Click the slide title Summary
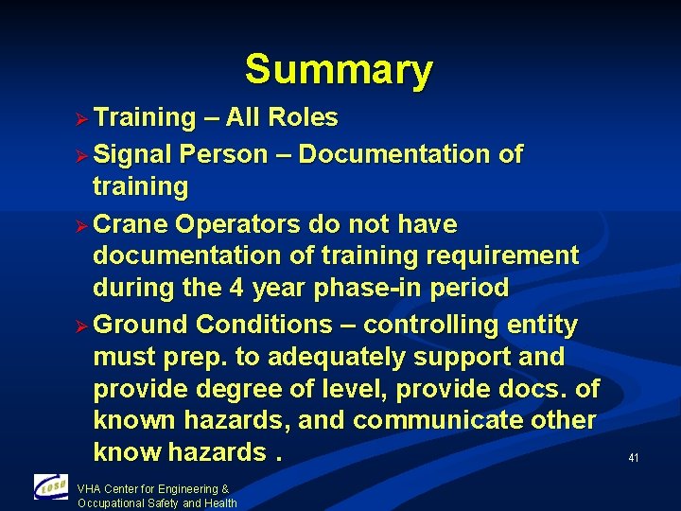[x=339, y=70]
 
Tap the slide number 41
[x=633, y=458]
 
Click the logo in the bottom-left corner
[x=51, y=487]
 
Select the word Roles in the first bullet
[x=303, y=118]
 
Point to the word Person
[x=223, y=154]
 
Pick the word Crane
[x=130, y=225]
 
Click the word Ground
[x=142, y=326]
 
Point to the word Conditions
[x=264, y=326]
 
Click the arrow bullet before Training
[x=81, y=119]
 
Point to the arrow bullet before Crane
[x=81, y=226]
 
